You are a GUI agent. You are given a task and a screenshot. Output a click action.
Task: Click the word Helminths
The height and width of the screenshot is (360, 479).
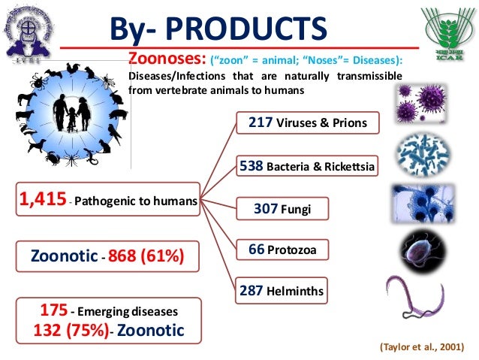(x=308, y=290)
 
